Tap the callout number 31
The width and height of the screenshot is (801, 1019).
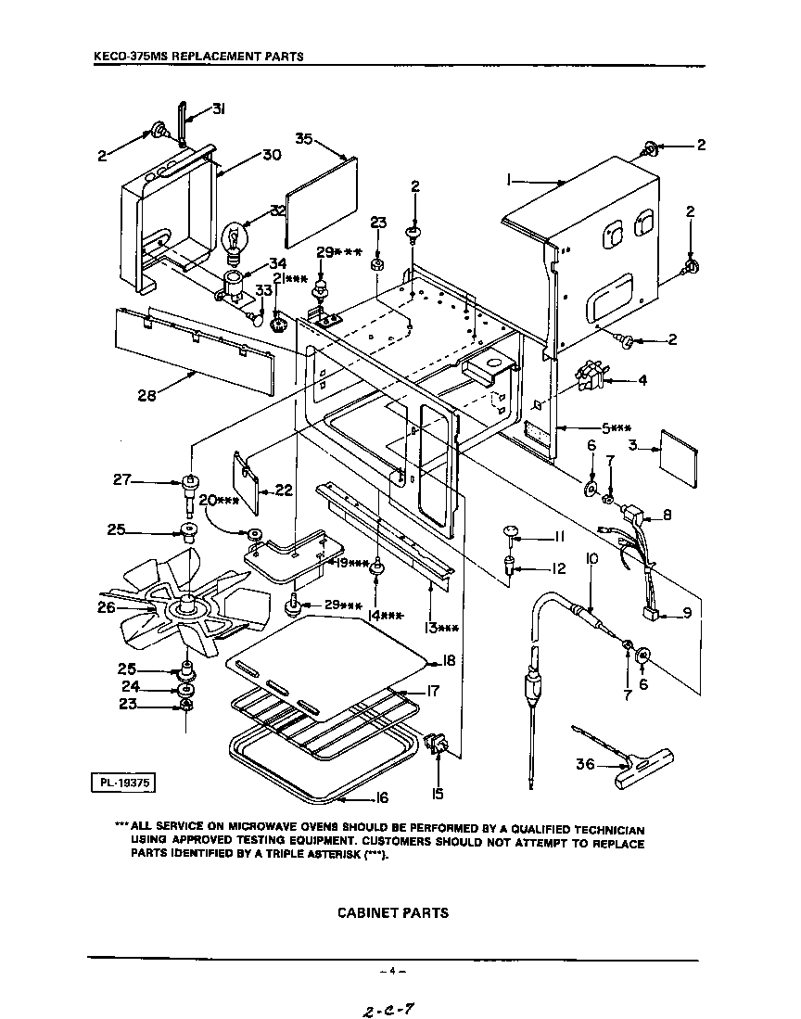[219, 109]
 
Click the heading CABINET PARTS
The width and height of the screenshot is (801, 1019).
[392, 912]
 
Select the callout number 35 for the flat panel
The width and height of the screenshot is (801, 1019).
[303, 138]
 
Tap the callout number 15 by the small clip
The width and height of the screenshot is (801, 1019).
[437, 793]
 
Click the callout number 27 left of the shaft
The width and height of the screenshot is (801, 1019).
[122, 480]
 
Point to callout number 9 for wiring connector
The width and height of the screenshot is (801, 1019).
[687, 612]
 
